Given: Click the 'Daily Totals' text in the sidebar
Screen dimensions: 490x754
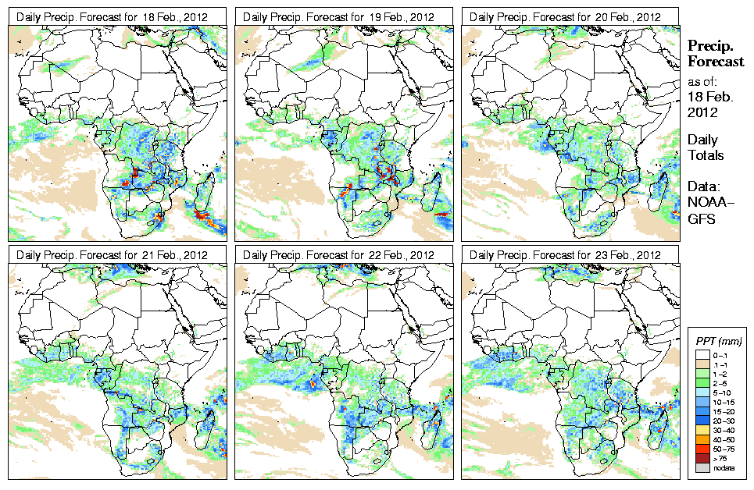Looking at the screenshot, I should coord(706,147).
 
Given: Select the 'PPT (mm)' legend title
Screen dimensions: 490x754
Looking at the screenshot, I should coord(718,342).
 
